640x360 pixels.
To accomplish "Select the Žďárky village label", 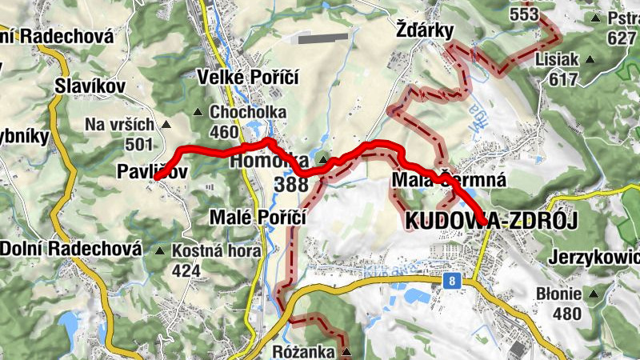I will tap(425, 30).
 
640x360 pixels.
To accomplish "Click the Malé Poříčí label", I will tap(258, 216).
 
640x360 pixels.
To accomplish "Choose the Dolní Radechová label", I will tap(70, 249).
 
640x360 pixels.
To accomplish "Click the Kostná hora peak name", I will tap(216, 251).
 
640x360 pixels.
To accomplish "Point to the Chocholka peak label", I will tap(247, 112).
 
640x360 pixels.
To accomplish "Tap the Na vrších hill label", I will tap(118, 125).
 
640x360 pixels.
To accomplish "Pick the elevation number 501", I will tap(138, 144).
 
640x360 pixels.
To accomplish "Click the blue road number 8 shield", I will tap(454, 281).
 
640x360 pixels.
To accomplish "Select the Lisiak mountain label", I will tap(558, 60).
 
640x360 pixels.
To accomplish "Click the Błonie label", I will tap(559, 294).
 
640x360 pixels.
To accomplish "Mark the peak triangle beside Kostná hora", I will tap(160, 251).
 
